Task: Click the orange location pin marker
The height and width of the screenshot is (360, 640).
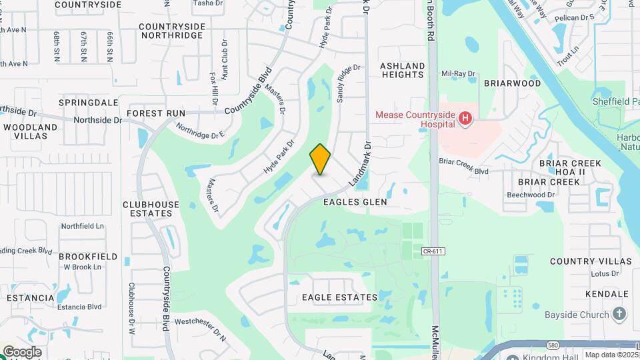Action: [x=320, y=159]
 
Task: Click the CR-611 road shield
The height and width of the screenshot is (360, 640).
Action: [x=433, y=251]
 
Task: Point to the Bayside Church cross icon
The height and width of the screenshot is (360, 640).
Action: [x=619, y=314]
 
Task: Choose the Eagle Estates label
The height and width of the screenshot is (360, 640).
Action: [x=339, y=297]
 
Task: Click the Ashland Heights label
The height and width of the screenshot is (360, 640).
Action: [x=402, y=71]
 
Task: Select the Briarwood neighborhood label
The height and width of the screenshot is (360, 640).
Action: [x=512, y=83]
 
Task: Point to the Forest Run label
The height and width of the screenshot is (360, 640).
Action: [x=156, y=113]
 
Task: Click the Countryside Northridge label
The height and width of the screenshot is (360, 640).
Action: [x=171, y=31]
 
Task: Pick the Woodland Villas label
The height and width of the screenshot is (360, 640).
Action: [x=31, y=131]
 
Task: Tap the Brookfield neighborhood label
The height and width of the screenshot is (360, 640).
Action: [x=88, y=256]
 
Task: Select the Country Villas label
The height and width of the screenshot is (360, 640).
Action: [x=591, y=261]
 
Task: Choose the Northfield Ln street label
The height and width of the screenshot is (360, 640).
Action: [x=83, y=226]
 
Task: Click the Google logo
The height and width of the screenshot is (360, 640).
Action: [x=22, y=352]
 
